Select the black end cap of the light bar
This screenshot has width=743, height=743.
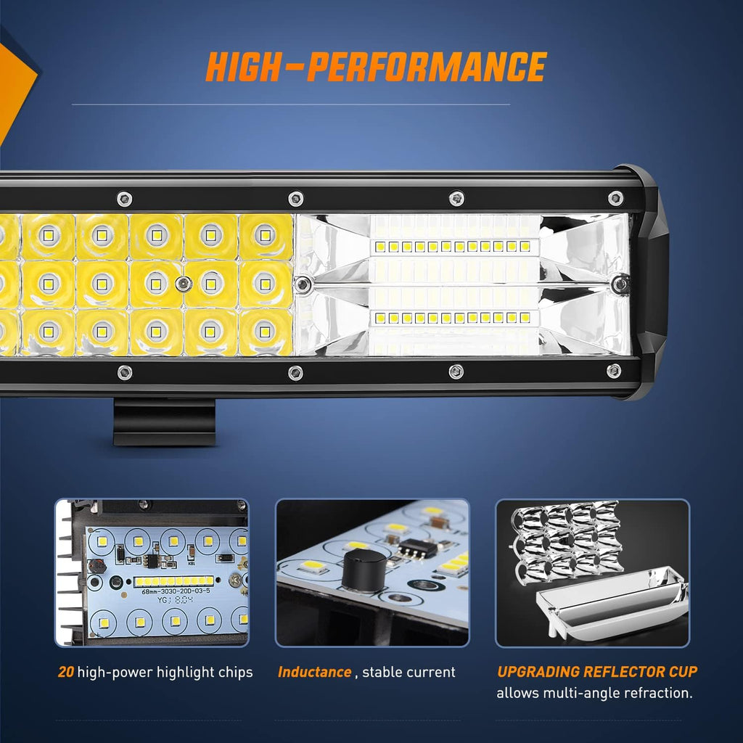[646, 283]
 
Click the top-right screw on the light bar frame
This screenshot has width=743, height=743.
[615, 197]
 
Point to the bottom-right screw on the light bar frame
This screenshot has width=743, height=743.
[614, 371]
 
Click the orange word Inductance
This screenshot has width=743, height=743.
[314, 672]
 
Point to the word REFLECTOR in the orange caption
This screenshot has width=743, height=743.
[612, 672]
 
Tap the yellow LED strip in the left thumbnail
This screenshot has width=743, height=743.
[174, 581]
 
